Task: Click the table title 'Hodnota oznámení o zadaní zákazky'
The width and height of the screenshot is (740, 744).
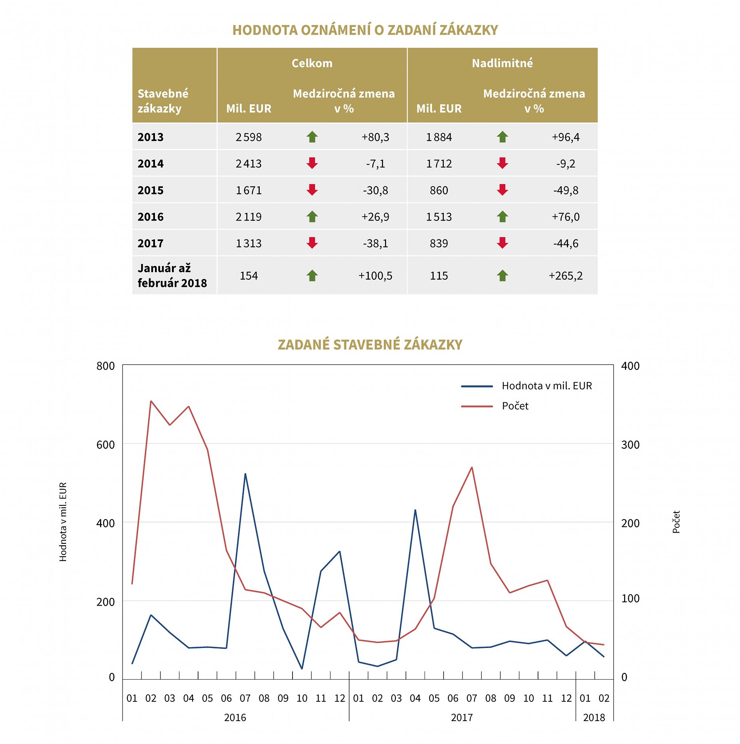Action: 365,30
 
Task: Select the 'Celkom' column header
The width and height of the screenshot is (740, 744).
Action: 312,63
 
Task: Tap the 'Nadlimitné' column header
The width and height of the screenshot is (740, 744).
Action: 502,63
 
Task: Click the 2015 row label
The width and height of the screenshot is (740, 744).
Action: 151,190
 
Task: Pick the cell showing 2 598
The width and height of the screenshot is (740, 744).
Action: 248,137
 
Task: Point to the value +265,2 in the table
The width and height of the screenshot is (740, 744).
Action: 565,276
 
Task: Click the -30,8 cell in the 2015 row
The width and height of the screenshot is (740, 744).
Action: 375,190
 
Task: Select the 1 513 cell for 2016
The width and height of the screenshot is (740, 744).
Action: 438,217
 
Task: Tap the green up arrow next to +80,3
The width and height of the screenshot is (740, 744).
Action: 312,137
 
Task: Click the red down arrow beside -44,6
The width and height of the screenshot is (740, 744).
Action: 502,243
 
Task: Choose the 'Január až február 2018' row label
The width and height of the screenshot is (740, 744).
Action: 172,275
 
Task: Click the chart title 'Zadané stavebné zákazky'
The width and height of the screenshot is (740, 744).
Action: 370,345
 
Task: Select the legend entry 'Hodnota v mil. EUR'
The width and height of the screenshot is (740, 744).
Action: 546,386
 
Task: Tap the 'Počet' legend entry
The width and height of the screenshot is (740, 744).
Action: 515,406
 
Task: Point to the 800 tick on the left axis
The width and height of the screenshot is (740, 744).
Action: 106,366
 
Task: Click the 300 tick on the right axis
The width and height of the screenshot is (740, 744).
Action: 630,445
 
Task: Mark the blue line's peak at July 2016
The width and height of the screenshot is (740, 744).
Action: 245,474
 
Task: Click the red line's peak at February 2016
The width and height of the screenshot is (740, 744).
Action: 151,401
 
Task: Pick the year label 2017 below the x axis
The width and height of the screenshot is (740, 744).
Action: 461,718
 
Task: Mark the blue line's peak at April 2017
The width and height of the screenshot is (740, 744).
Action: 415,510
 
